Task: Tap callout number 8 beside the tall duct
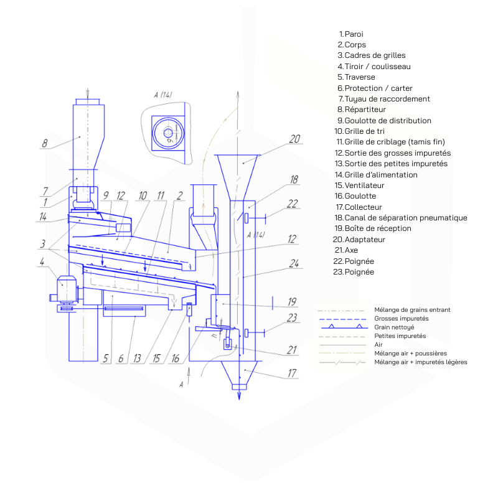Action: pos(44,143)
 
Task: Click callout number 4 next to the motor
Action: pos(42,262)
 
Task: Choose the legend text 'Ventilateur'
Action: pos(364,186)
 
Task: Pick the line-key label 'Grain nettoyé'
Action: pos(394,327)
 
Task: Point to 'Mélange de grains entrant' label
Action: pos(412,309)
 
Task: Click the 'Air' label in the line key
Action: pos(379,344)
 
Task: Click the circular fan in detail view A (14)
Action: pos(168,132)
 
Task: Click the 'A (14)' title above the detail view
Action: pos(162,94)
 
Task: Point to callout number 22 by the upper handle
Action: pos(293,203)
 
